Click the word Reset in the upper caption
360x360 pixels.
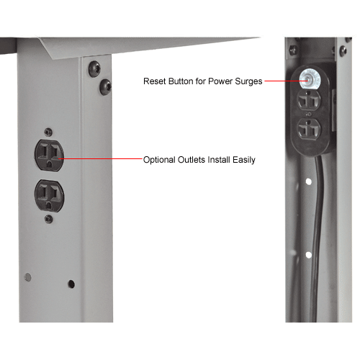coord(155,81)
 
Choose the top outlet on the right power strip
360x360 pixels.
coord(310,103)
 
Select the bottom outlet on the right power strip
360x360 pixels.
coord(310,132)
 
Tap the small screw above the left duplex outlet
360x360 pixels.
coord(48,131)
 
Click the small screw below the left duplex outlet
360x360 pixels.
coord(48,217)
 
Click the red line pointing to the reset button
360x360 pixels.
coord(281,81)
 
